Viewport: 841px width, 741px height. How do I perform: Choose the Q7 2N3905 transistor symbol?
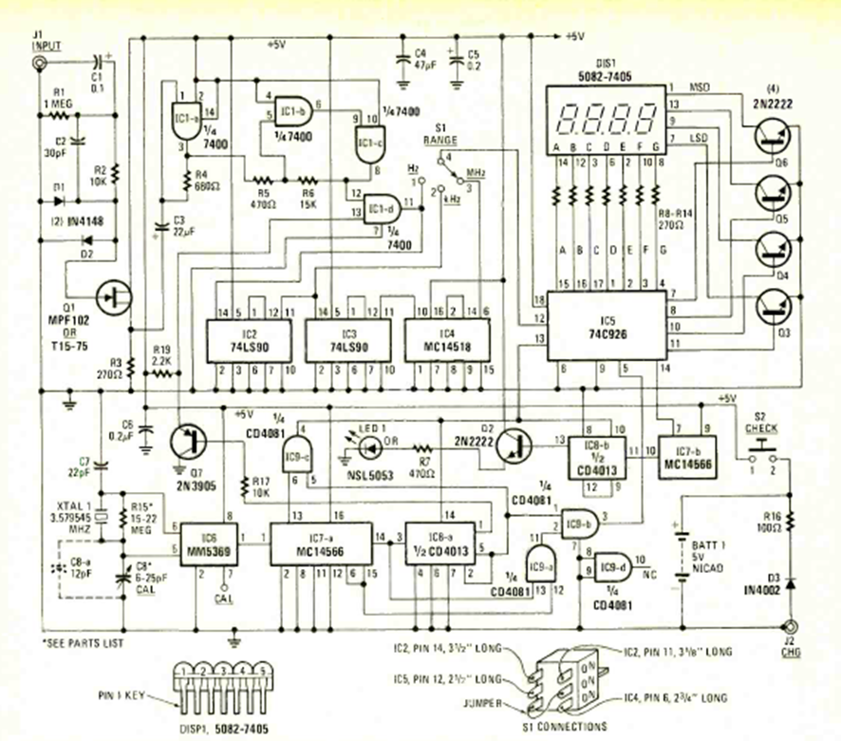188,441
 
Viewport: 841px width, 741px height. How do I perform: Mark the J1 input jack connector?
39,64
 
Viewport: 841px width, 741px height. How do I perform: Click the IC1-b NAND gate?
290,112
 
